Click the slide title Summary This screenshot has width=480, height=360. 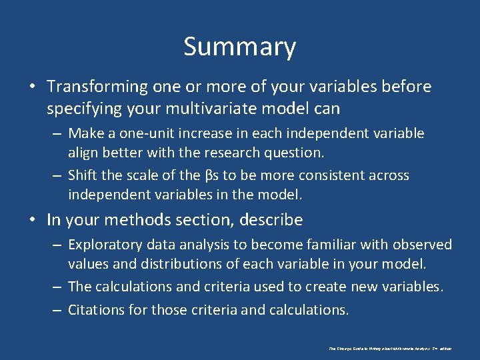239,47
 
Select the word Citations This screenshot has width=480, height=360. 95,309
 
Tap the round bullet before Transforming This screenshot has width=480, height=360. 32,87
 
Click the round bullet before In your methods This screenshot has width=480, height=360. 32,220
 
